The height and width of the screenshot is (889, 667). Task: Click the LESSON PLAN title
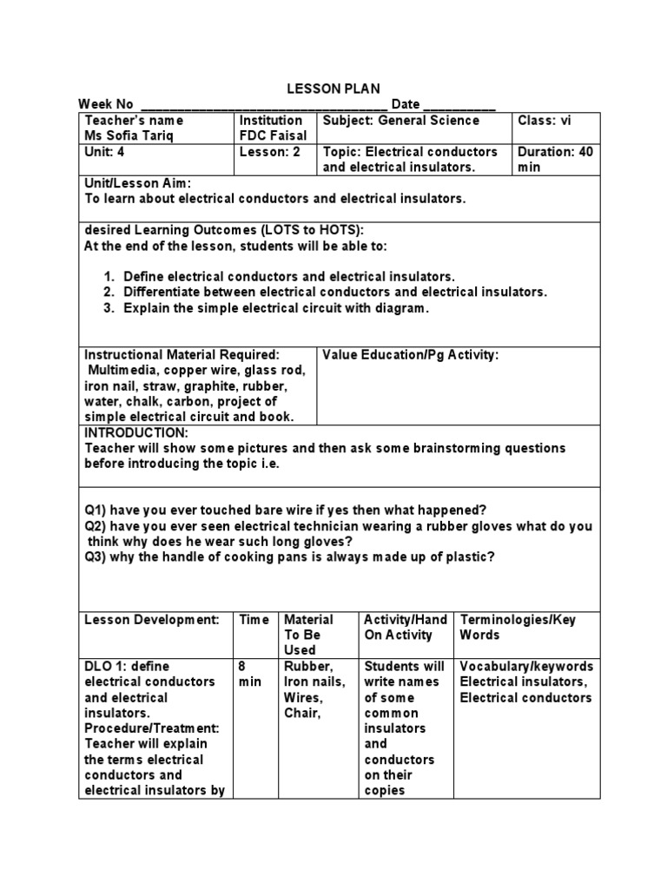333,89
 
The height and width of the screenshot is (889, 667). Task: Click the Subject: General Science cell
400,121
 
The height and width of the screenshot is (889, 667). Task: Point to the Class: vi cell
545,121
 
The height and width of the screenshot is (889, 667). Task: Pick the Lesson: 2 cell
270,152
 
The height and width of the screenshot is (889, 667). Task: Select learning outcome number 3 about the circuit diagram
276,308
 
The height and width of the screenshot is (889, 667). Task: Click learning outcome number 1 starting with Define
288,277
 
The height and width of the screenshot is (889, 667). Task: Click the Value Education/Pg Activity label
411,355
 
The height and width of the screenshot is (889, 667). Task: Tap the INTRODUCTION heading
135,432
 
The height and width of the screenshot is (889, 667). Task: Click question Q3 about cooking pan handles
289,556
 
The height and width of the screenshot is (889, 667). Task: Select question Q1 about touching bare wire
286,510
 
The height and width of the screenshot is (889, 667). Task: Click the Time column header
254,620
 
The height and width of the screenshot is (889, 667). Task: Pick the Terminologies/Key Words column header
518,627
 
